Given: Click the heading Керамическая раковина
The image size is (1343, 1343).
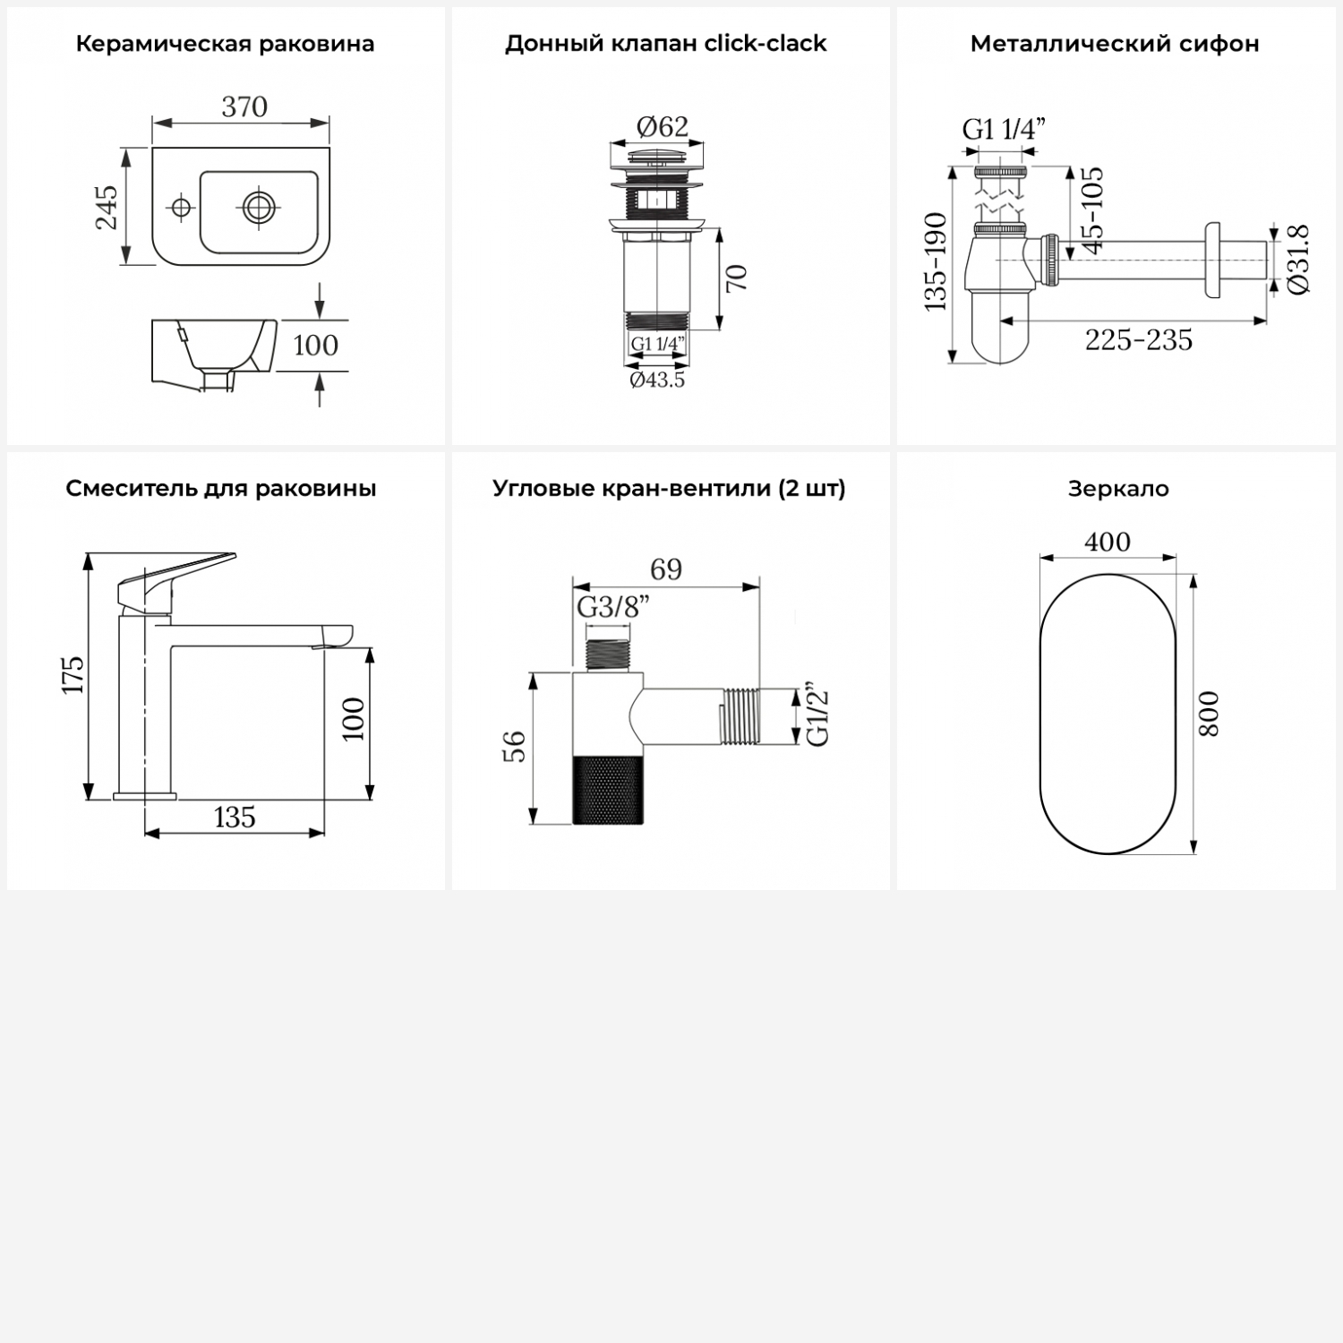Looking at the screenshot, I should coord(225,44).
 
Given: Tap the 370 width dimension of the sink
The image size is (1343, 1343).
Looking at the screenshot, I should coord(244,107).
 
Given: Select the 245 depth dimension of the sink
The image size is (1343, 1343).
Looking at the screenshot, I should coord(107,207).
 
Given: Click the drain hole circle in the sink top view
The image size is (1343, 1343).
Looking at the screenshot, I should coord(258,208).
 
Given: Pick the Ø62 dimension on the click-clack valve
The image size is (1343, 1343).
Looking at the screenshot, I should coord(663,127).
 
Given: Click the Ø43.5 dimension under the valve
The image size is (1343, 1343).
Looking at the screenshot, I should coord(657,380).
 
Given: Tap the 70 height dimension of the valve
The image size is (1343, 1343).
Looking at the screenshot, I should coord(736,278).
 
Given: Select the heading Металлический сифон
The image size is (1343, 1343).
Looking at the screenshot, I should coord(1115,44).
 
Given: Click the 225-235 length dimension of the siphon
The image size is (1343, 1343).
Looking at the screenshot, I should coord(1139,340).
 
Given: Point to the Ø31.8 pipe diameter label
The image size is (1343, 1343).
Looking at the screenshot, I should coord(1300,260).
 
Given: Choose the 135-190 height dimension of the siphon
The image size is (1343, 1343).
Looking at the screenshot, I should coord(936,261).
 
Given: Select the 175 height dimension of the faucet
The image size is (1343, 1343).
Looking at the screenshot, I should coord(73,674).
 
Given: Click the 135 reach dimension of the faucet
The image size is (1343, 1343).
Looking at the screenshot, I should coord(235,817).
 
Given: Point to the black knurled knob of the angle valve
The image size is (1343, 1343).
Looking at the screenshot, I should coord(609,789).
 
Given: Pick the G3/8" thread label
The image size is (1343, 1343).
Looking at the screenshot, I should coord(613,607).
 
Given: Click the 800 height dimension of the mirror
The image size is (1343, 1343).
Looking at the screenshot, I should coord(1209,714).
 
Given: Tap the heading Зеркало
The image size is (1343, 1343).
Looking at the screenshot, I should coord(1118,489).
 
